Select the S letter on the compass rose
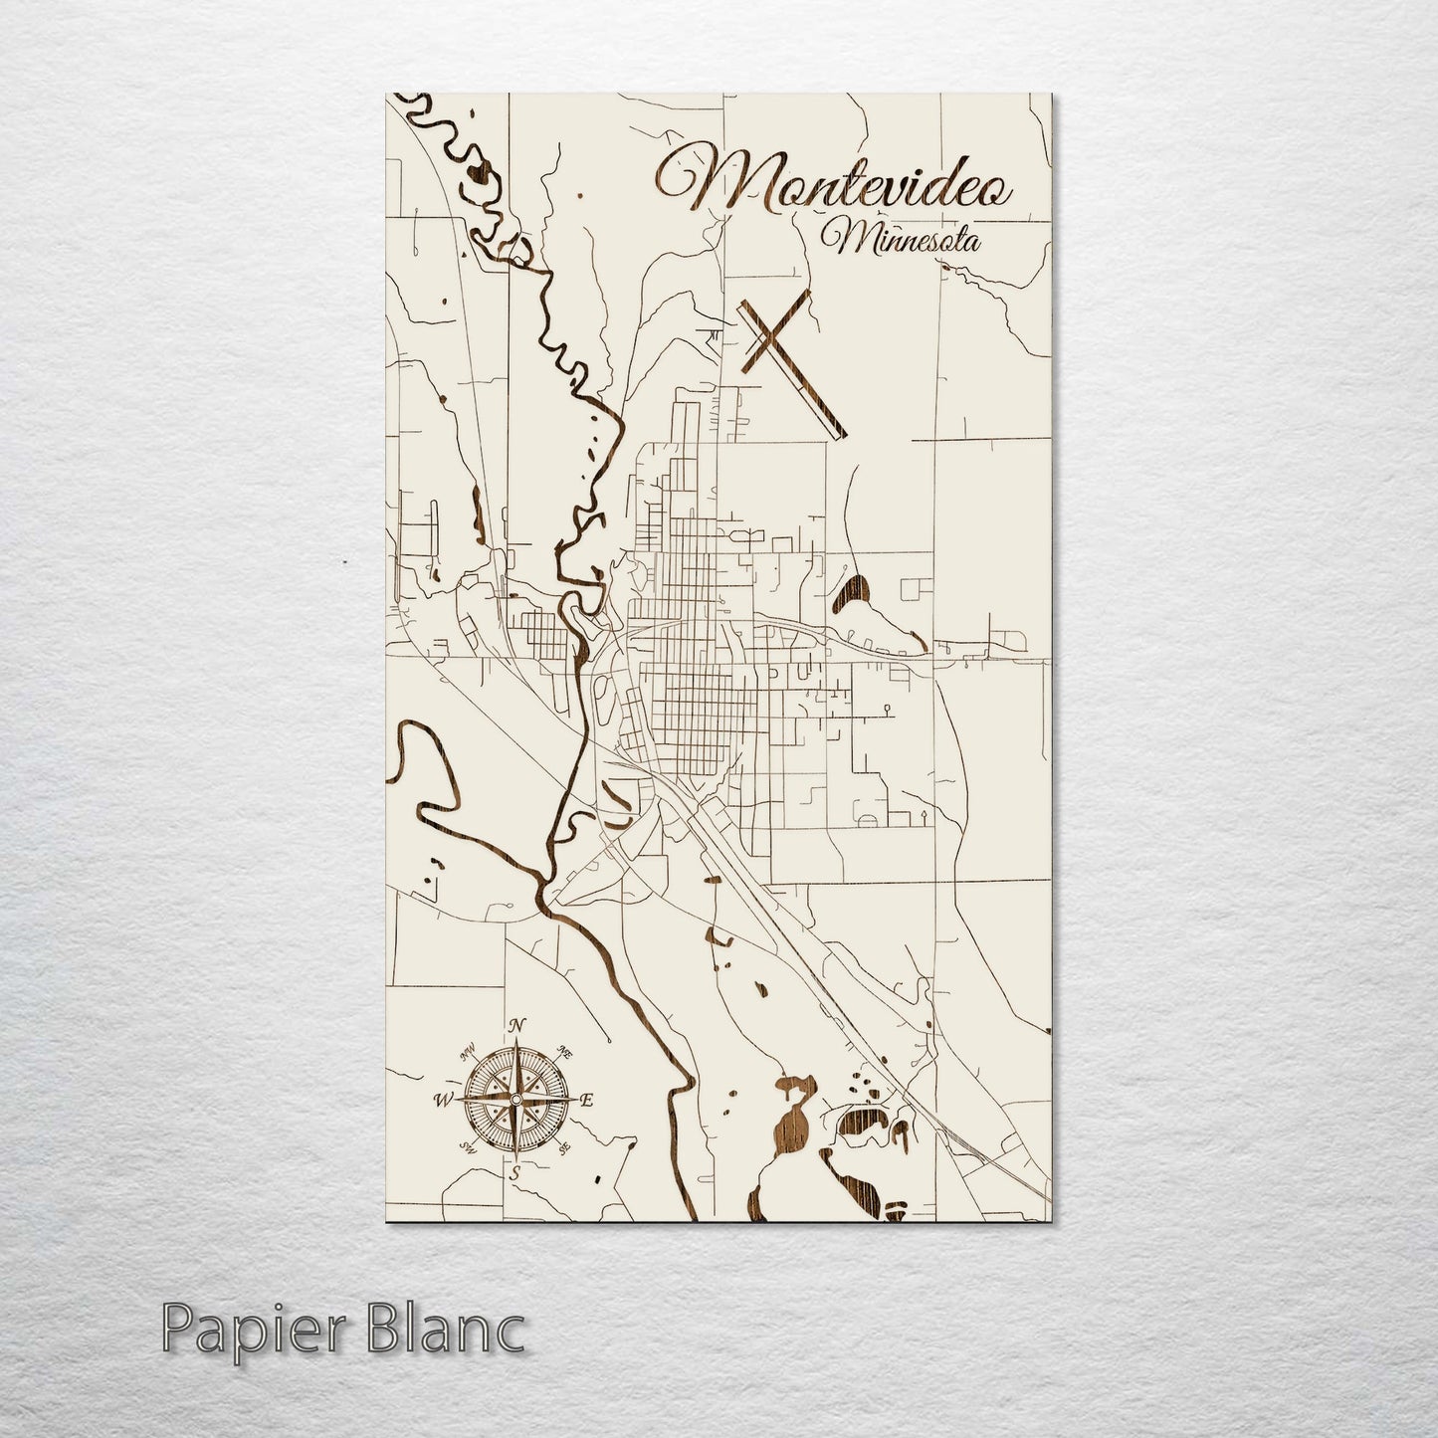click(514, 1175)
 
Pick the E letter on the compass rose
click(587, 1101)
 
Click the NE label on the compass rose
click(565, 1051)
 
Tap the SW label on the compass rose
click(465, 1148)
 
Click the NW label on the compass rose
click(466, 1051)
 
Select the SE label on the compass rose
click(564, 1149)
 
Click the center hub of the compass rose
click(514, 1100)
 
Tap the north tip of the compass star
click(514, 1041)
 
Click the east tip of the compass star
click(571, 1100)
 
